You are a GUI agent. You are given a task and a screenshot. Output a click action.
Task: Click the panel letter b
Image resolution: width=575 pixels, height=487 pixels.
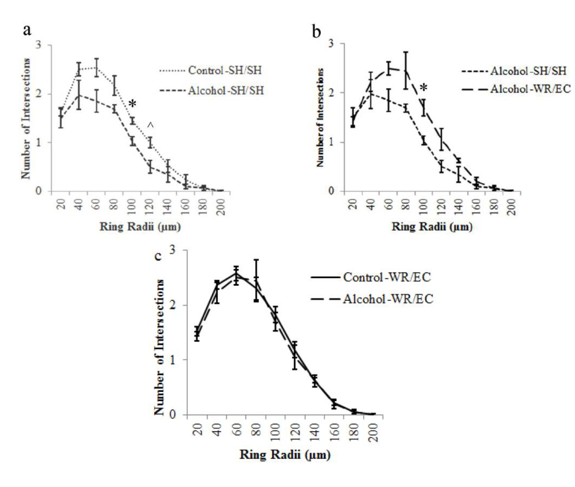[x=316, y=32]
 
